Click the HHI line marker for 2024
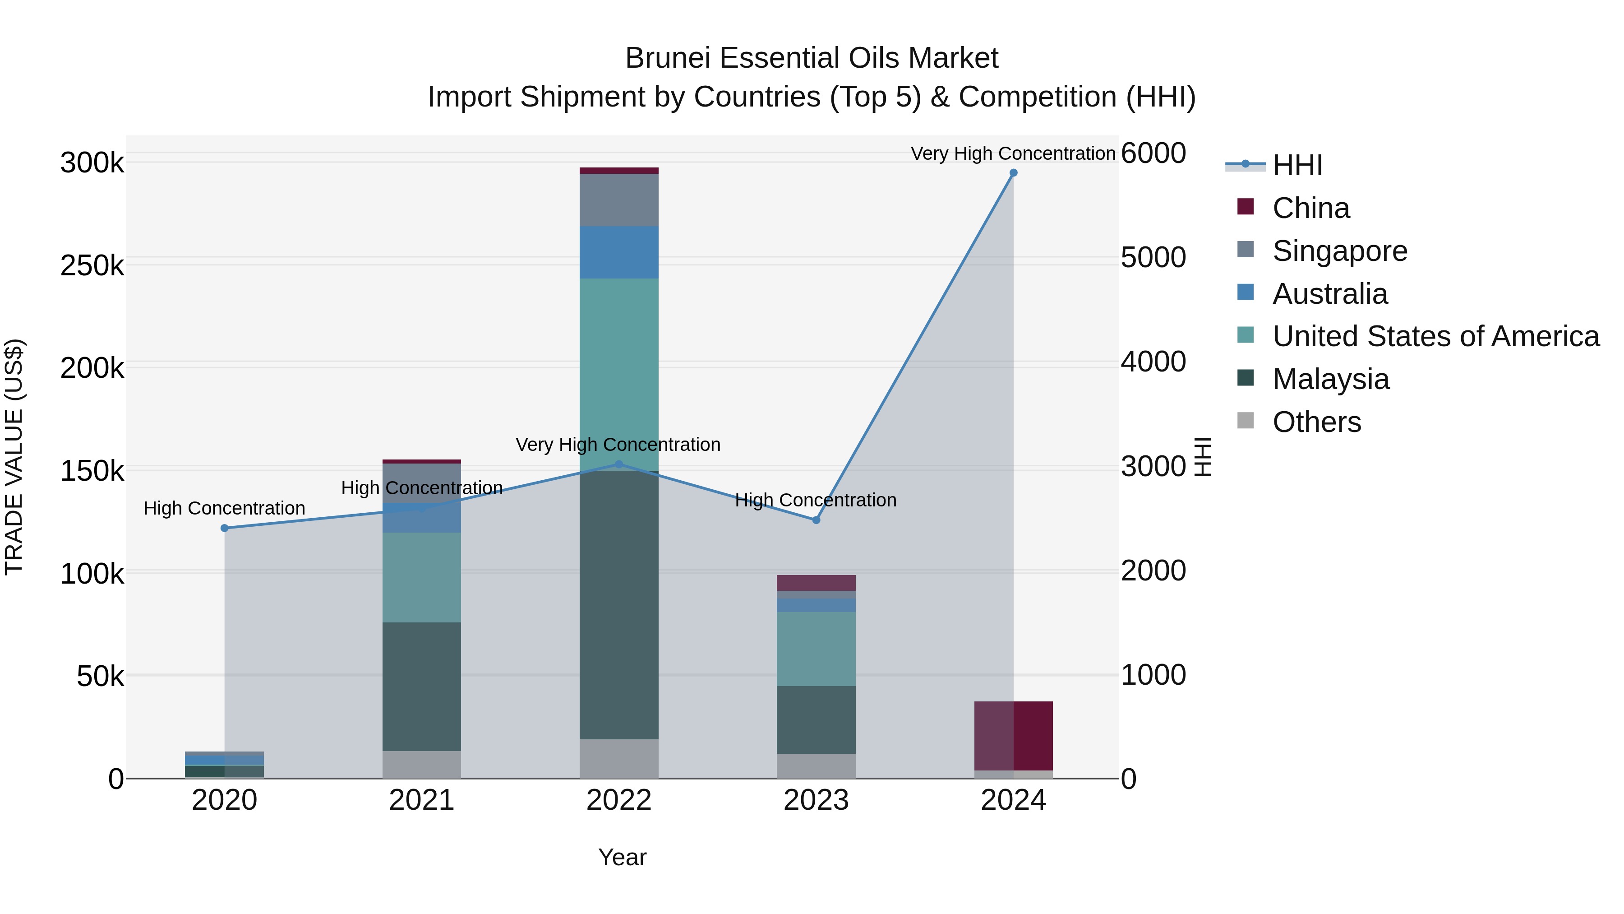[x=1013, y=173]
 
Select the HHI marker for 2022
[x=618, y=464]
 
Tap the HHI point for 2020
[x=225, y=528]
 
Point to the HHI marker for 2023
[x=816, y=520]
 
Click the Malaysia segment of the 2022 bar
[x=618, y=606]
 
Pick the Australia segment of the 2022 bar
[x=618, y=252]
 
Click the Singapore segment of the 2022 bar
[x=618, y=200]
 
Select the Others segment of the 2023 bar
[x=816, y=766]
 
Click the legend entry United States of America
[x=1435, y=336]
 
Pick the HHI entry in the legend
[x=1297, y=165]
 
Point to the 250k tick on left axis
[x=92, y=265]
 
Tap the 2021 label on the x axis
[x=421, y=800]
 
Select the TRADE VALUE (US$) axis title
[x=14, y=457]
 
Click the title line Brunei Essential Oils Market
[x=812, y=58]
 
